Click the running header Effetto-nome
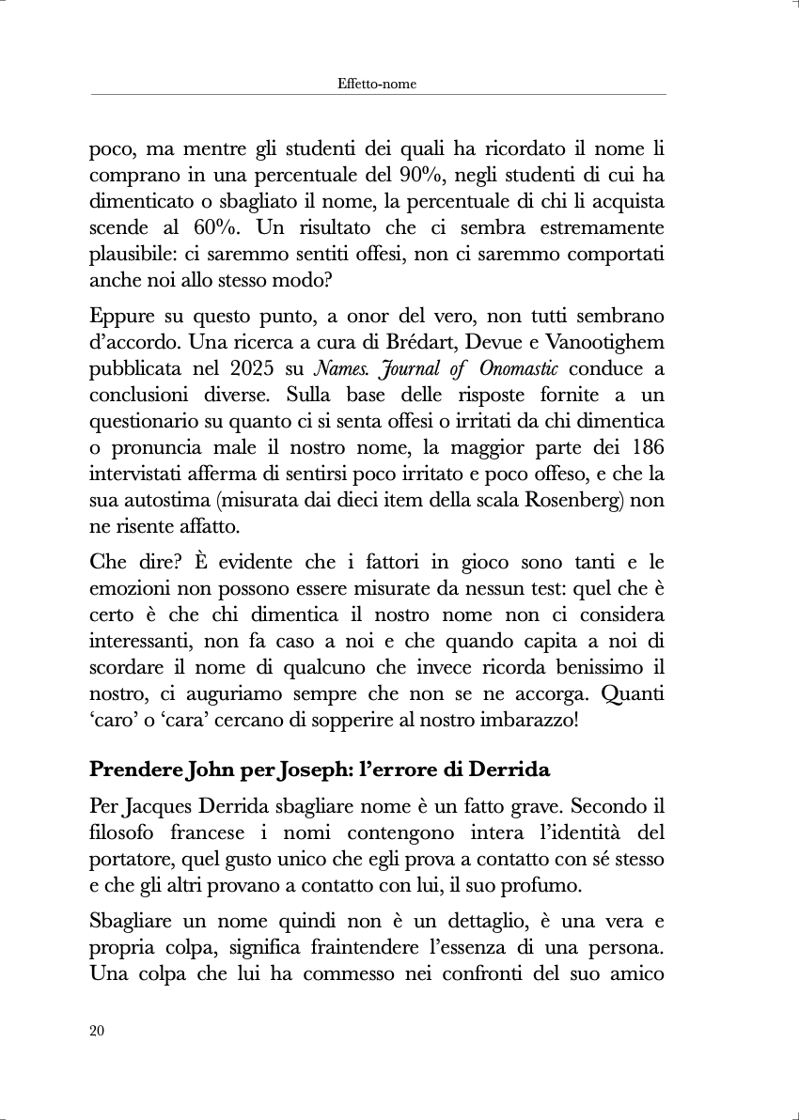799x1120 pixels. point(376,84)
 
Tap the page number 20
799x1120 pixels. point(97,1031)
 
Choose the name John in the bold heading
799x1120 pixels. point(215,770)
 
